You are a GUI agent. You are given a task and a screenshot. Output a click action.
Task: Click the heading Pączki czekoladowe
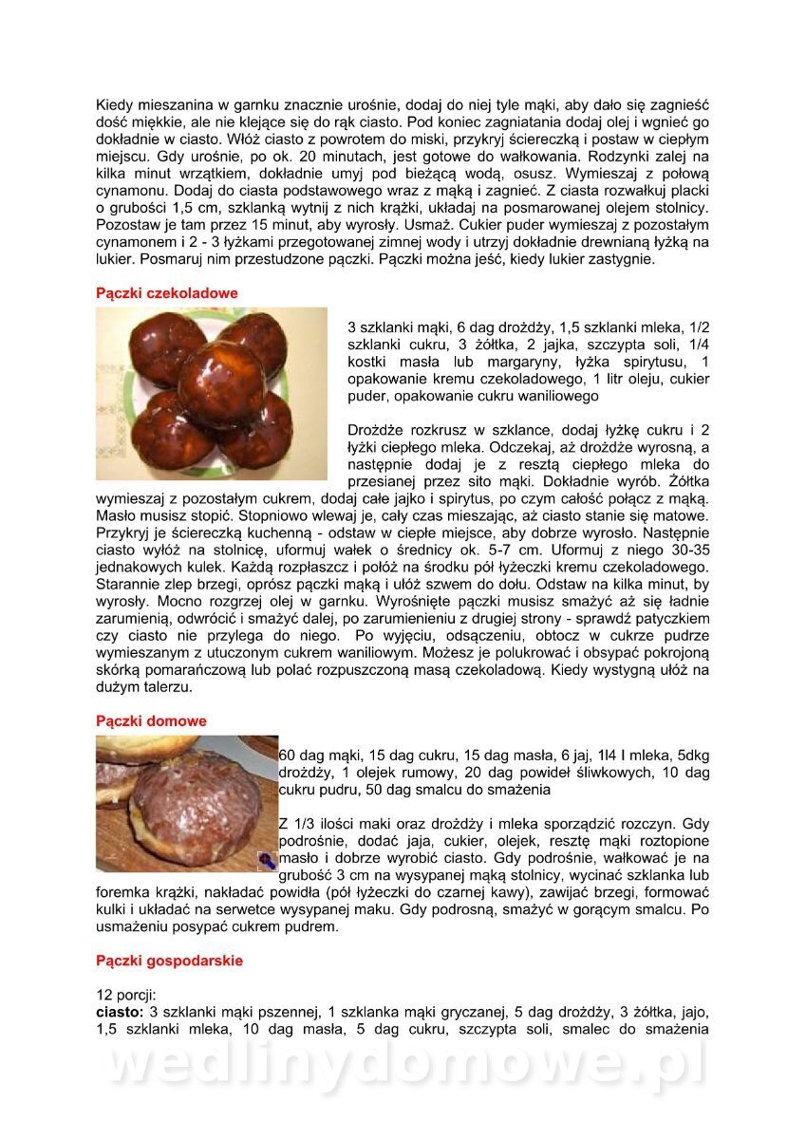click(x=167, y=293)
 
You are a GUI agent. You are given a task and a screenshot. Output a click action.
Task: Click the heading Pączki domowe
click(x=151, y=721)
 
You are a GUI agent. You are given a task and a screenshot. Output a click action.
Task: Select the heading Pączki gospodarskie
click(x=169, y=961)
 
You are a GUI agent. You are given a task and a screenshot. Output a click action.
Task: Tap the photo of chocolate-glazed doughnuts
click(x=211, y=392)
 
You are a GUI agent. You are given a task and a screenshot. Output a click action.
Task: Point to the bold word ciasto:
click(x=121, y=1012)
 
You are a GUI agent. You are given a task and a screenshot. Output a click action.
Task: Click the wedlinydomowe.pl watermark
click(x=403, y=1065)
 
